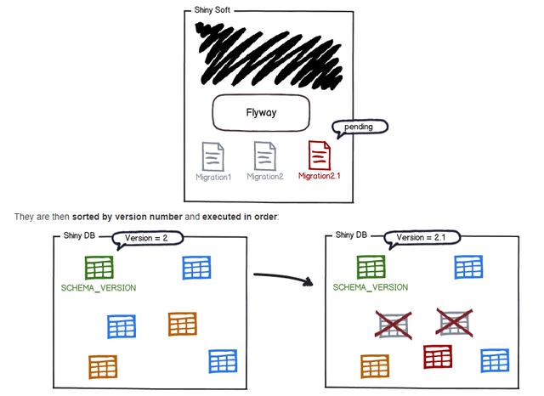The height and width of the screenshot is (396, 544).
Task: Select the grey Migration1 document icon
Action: tap(212, 156)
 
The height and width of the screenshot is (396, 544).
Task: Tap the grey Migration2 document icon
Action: tap(265, 156)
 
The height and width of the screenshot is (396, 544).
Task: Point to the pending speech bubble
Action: tap(360, 127)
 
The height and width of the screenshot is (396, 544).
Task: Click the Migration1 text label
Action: tap(212, 177)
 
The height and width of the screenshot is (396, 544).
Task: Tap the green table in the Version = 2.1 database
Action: tap(371, 268)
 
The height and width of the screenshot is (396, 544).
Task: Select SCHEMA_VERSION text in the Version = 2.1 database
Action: tap(371, 287)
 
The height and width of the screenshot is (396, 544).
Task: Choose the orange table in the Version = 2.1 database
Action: tap(375, 366)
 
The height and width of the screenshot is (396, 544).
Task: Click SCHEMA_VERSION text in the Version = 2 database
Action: tap(99, 287)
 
